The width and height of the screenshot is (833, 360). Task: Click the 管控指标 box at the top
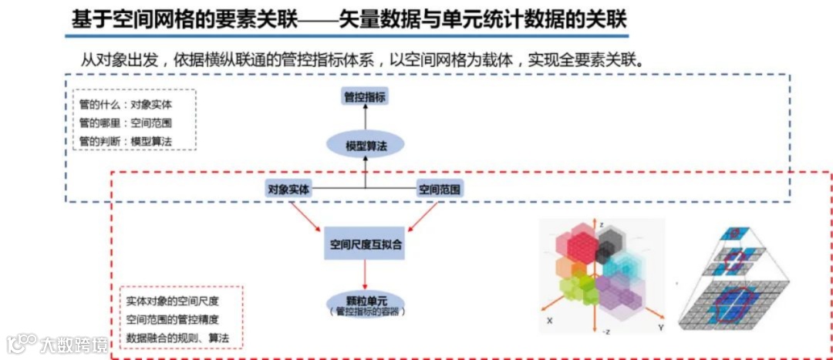coord(365,96)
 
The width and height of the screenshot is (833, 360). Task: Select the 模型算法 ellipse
coord(366,145)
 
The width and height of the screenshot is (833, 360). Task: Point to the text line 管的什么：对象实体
coord(125,105)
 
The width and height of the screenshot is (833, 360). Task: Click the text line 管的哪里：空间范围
coord(125,123)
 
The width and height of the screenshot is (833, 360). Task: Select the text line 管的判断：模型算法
coord(125,141)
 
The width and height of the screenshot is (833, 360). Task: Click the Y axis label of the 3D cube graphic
coord(662,327)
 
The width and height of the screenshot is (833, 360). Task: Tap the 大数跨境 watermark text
coord(75,341)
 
